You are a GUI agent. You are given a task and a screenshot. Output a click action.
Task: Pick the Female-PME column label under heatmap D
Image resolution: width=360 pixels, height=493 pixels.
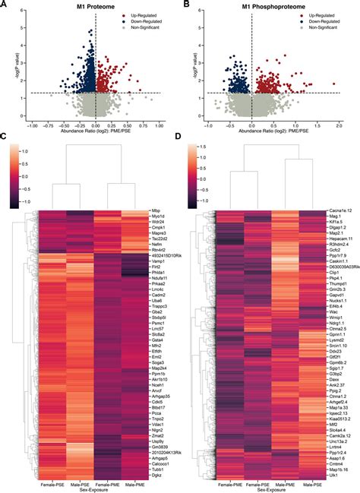[228, 472]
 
